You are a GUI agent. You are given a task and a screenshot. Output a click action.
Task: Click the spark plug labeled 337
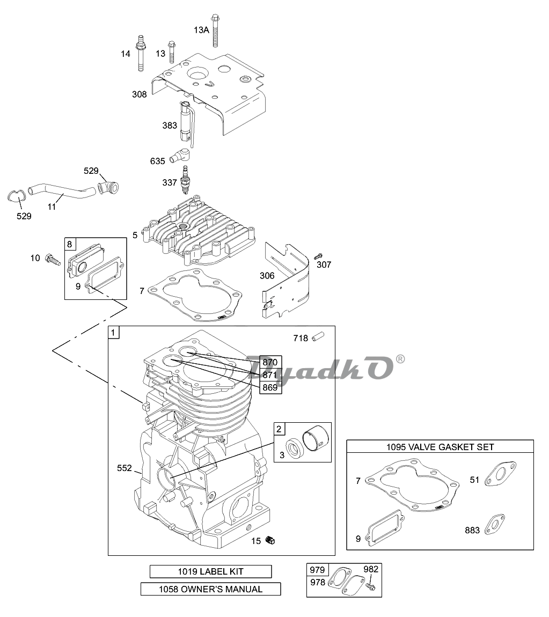[x=184, y=180]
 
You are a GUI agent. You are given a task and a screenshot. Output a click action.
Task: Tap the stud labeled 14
[x=140, y=53]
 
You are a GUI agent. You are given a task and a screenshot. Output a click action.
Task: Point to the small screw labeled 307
[x=318, y=256]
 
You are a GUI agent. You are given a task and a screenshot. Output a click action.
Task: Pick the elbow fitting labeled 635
[x=180, y=155]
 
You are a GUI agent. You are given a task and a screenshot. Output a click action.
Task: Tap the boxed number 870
[x=270, y=362]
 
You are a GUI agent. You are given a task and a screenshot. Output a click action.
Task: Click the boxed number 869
[x=270, y=387]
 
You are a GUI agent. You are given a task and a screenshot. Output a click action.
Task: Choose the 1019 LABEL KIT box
[x=210, y=571]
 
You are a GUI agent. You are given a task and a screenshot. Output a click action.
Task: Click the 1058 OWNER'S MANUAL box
[x=210, y=589]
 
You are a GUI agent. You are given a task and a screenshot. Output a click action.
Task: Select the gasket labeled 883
[x=495, y=524]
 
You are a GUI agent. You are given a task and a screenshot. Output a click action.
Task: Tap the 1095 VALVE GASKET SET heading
[x=440, y=447]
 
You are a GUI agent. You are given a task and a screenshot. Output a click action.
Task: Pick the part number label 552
[x=125, y=468]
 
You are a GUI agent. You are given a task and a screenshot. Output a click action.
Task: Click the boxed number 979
[x=317, y=570]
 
